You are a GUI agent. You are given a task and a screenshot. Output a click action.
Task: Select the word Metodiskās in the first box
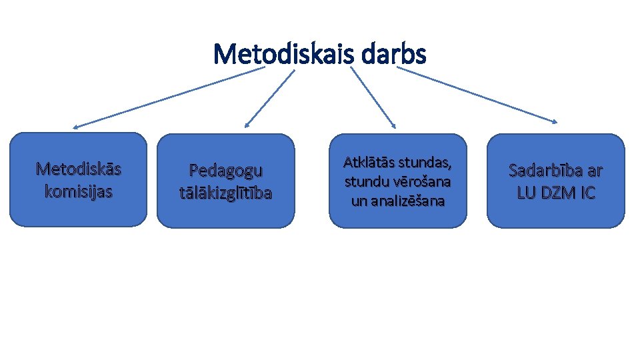point(79,169)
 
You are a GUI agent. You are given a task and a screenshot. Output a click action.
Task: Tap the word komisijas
point(79,192)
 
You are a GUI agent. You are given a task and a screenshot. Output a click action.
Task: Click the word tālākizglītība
point(226,193)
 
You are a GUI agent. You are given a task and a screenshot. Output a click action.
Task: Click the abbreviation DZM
point(557,193)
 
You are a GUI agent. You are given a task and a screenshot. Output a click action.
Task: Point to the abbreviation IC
point(587,193)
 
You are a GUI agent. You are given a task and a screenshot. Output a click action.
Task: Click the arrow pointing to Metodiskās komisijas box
point(167,97)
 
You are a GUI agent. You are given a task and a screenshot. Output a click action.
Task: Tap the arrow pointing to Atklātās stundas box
point(372,97)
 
